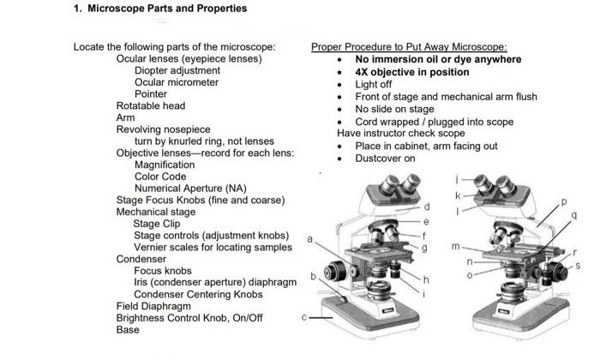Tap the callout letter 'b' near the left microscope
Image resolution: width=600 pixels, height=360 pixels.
pyautogui.click(x=314, y=276)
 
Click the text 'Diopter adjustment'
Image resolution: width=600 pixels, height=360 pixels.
pyautogui.click(x=177, y=70)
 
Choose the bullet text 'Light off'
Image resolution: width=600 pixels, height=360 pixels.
pyautogui.click(x=374, y=85)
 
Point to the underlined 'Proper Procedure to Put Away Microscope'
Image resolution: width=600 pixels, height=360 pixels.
pyautogui.click(x=409, y=46)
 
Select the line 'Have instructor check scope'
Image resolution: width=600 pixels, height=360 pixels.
pyautogui.click(x=401, y=134)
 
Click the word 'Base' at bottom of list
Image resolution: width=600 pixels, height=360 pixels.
pyautogui.click(x=128, y=330)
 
